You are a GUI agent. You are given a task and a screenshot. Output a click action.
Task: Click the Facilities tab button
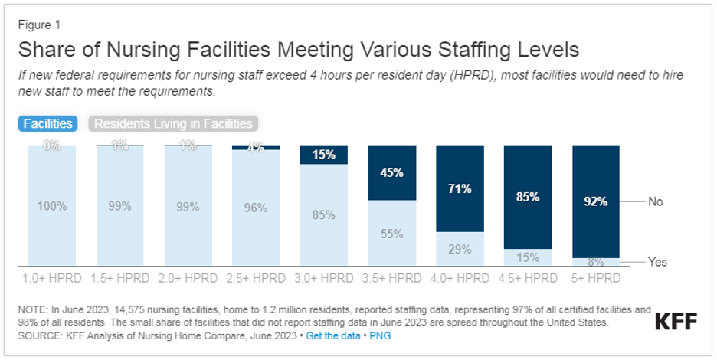point(47,123)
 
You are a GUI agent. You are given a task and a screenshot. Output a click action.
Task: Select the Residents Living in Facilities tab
point(173,123)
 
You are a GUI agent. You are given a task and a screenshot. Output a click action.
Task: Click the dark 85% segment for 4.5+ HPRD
point(527,196)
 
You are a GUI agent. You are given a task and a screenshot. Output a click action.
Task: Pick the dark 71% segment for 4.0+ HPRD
point(460,188)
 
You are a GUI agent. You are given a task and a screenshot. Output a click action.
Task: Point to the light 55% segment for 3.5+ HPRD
point(391,234)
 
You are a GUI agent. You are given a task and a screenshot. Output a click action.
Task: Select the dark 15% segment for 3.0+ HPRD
point(323,154)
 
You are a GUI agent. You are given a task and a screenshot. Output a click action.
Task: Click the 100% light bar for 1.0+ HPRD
point(51,205)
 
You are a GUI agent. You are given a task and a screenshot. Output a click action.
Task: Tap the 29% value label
point(460,249)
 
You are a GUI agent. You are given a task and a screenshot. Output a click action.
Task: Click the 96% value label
point(256,208)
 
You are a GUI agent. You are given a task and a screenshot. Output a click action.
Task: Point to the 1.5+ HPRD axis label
point(120,278)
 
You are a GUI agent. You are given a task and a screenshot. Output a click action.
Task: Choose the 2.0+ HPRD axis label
point(188,278)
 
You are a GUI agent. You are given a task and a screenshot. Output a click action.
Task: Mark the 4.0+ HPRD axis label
point(460,278)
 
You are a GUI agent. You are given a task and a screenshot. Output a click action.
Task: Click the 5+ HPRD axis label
point(595,278)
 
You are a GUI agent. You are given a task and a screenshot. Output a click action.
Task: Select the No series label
point(656,201)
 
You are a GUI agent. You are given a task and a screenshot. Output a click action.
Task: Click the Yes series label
point(657,262)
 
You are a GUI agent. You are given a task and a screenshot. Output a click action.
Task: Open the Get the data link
point(331,336)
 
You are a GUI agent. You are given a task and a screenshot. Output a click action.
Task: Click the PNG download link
point(375,336)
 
